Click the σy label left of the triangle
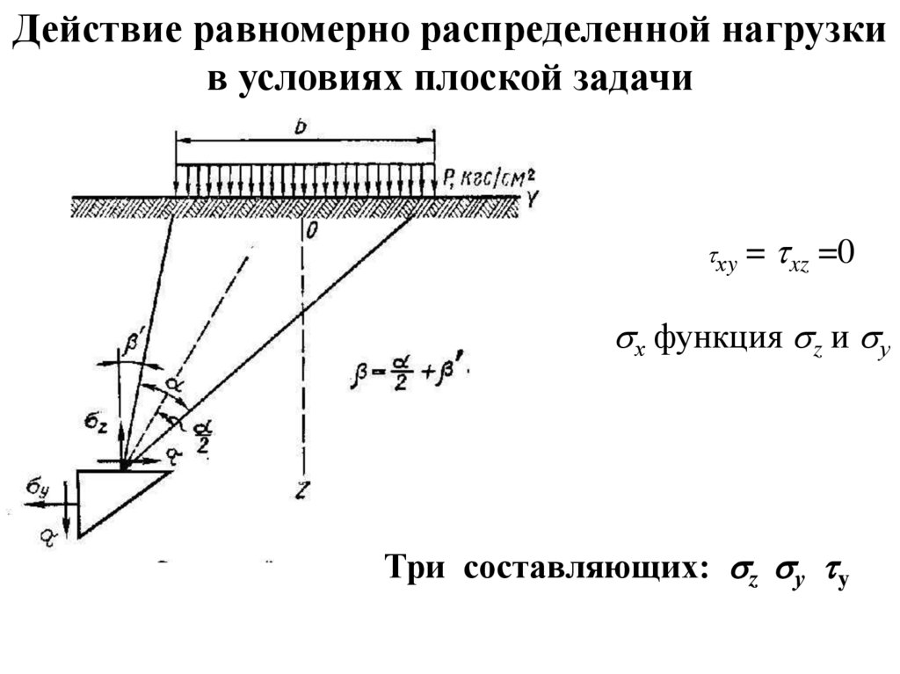point(38,489)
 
